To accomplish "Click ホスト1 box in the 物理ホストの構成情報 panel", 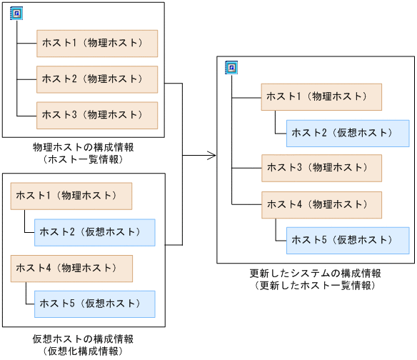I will [97, 44].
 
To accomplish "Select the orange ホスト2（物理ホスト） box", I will [97, 79].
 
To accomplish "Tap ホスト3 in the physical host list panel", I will [97, 114].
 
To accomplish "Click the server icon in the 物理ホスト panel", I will [16, 14].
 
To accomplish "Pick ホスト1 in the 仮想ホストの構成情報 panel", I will [71, 195].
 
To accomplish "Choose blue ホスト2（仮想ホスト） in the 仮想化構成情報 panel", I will [95, 231].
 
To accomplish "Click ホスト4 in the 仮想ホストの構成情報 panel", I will [71, 268].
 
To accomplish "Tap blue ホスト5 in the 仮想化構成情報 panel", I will [95, 304].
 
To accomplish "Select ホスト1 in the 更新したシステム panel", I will [321, 96].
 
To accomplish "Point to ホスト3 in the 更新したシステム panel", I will [321, 168].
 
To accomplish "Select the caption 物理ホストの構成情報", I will [84, 147].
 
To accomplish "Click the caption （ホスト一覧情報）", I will [84, 159].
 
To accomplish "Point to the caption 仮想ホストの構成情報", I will [84, 339].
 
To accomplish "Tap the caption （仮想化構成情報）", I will [84, 351].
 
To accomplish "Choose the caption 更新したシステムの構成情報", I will [315, 274].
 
